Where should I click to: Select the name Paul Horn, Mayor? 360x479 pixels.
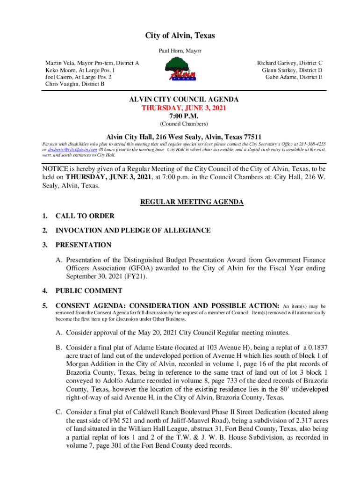coord(180,51)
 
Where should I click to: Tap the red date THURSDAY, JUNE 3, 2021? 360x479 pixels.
coord(184,108)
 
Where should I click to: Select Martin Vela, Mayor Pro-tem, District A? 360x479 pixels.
coord(92,63)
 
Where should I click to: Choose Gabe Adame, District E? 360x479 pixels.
coord(294,77)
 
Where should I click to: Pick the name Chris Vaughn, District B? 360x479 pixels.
coord(75,84)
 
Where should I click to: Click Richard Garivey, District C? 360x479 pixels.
coord(290,63)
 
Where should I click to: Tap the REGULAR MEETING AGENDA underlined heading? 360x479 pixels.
coord(192,202)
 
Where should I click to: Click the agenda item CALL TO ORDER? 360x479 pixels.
coord(85,216)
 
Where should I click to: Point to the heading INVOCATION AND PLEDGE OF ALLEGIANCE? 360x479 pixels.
coord(133,231)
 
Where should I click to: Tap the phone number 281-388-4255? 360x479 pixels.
coord(313,144)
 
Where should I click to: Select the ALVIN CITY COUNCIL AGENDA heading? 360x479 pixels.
coord(184,100)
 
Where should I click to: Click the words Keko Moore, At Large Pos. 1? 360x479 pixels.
coord(78,70)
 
